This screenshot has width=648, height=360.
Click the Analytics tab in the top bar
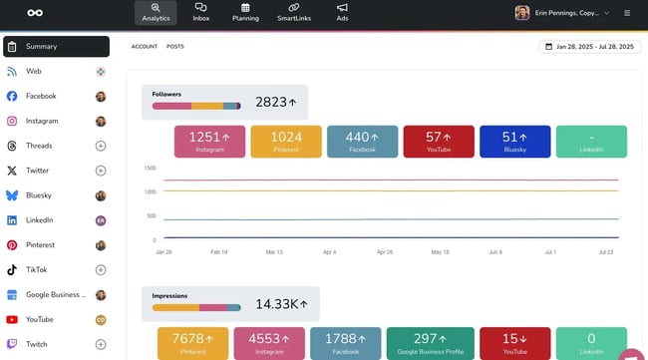click(155, 12)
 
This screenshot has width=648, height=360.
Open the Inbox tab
click(201, 12)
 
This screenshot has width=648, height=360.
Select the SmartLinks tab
click(294, 12)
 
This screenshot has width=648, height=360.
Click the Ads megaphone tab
click(342, 12)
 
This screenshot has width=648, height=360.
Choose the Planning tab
click(245, 12)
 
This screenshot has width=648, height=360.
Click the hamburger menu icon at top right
click(626, 13)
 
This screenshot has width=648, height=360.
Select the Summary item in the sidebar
click(56, 47)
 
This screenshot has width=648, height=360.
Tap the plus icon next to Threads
click(101, 146)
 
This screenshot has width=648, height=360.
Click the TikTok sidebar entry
click(37, 269)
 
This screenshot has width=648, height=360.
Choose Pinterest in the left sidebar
click(41, 244)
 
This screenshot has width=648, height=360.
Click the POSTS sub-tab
click(174, 47)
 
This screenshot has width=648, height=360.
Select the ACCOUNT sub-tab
click(145, 47)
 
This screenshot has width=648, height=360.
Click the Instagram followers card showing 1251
click(209, 141)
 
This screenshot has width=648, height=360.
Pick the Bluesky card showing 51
click(514, 141)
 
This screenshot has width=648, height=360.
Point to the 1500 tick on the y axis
click(150, 168)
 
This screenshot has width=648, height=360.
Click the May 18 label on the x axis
click(439, 252)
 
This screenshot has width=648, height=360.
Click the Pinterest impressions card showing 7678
click(192, 343)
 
